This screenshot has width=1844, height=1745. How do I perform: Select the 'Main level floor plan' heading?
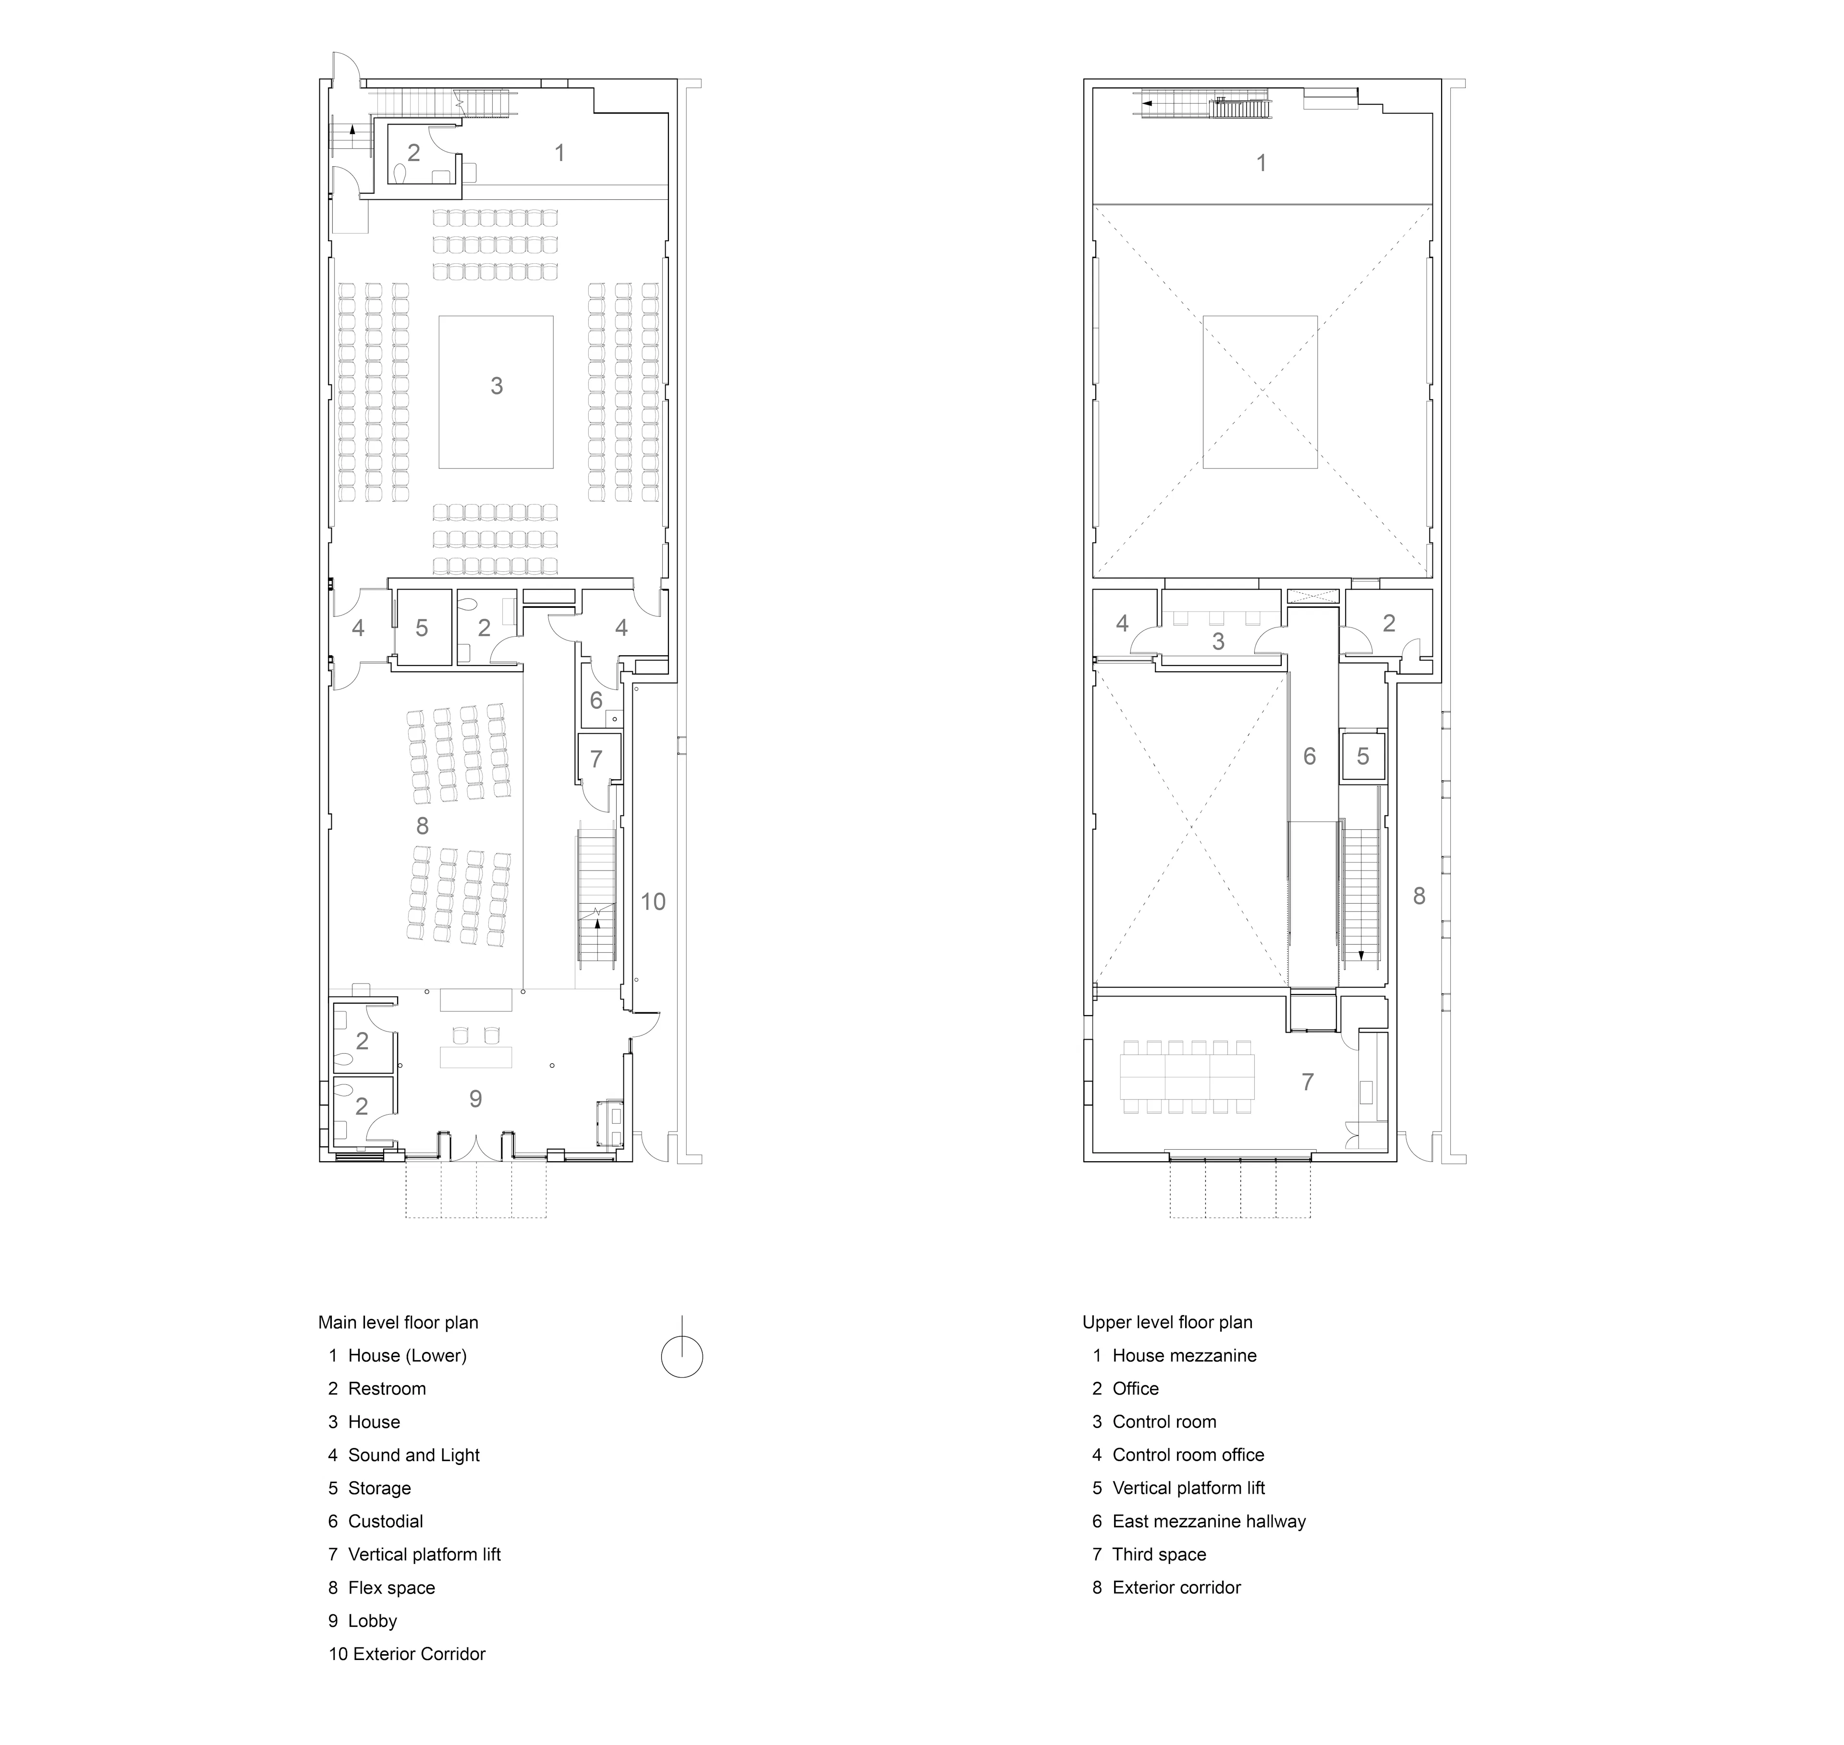(398, 1323)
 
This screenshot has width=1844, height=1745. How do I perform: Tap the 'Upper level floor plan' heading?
(1167, 1323)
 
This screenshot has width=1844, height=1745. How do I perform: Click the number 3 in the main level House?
(497, 386)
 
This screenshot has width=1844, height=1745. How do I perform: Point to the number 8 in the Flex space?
(422, 826)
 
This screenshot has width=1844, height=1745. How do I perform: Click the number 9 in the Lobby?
(475, 1099)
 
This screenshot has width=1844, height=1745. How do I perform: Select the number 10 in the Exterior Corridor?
(653, 901)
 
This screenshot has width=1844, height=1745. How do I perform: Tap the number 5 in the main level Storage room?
(421, 628)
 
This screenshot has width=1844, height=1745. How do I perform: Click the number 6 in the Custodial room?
(596, 700)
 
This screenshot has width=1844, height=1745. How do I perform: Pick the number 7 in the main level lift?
(596, 759)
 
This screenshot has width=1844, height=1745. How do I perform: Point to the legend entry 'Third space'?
(1149, 1554)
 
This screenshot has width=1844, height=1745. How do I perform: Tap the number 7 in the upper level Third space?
(1308, 1082)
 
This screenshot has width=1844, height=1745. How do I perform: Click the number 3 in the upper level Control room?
(1218, 641)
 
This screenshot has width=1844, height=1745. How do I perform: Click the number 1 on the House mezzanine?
(1261, 163)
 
